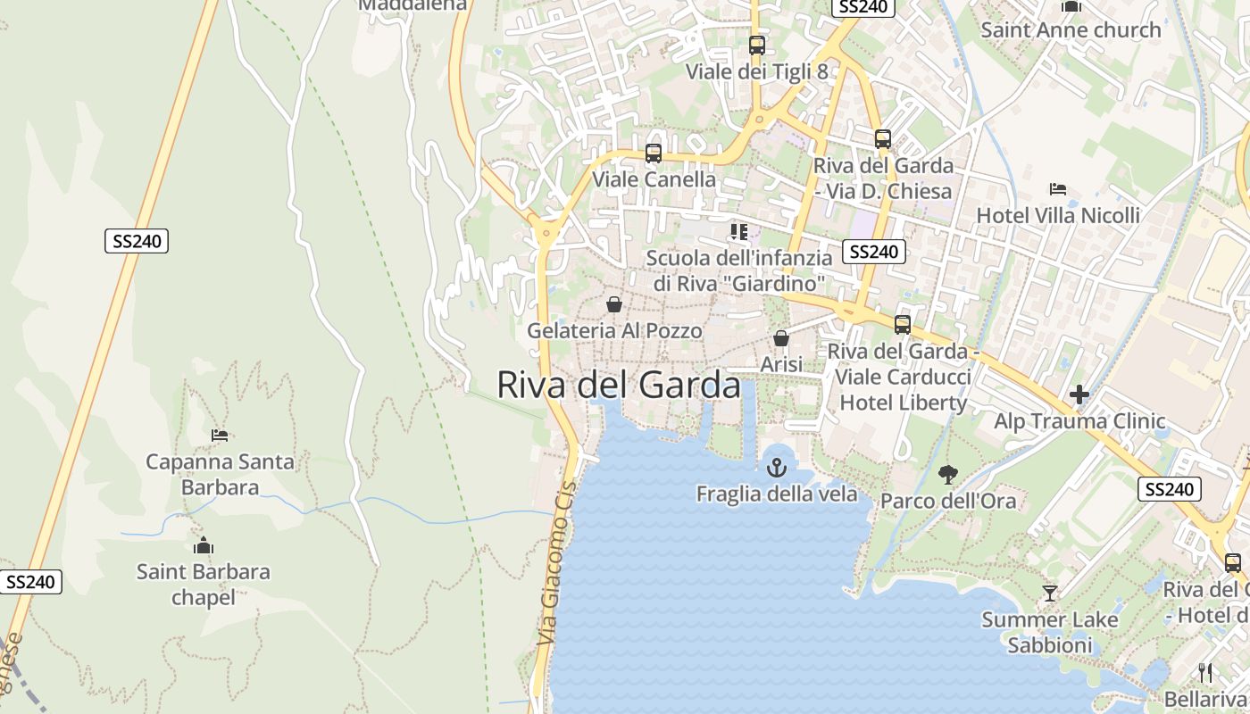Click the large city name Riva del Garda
618,386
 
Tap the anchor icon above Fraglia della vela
777,467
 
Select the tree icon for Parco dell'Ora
948,475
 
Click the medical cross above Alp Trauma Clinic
1079,394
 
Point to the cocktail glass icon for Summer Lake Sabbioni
1050,593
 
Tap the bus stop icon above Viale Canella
654,153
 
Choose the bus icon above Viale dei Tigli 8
757,45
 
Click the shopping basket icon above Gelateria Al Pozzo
614,304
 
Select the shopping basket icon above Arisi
781,338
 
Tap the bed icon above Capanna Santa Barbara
220,436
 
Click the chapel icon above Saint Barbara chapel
204,545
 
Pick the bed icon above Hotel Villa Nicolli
1058,189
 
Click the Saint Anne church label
1071,29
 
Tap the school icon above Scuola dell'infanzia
738,232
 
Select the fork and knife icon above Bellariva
1205,672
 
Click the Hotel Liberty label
903,403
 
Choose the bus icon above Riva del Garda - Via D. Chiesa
883,139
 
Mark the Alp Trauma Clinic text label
1079,421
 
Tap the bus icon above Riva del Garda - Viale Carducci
903,324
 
